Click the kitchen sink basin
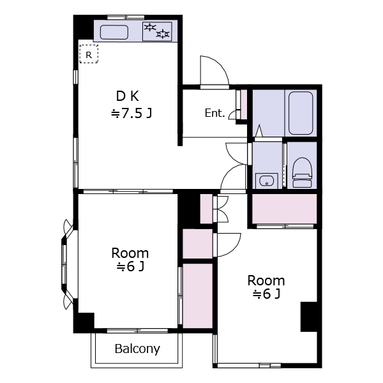114,32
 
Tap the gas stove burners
157,31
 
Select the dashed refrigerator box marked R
89,54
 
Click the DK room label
128,96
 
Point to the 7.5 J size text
131,113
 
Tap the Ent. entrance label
214,113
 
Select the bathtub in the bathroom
301,113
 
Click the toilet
302,172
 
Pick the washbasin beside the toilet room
266,181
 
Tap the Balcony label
137,349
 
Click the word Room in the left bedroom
130,253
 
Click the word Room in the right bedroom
266,280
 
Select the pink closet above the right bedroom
284,208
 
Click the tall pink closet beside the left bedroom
198,296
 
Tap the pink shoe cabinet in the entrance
244,105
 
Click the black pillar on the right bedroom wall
309,317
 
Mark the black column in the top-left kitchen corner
84,27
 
